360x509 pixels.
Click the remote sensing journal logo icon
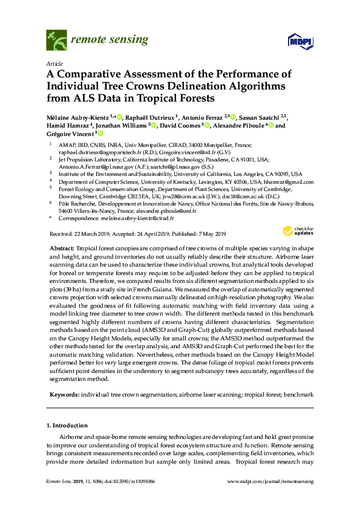[56, 42]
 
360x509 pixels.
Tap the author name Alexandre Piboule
[242, 126]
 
